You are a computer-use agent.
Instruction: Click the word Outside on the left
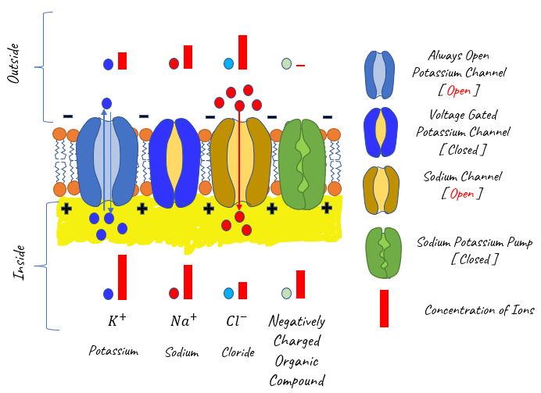14,63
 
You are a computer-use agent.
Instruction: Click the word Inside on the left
20,263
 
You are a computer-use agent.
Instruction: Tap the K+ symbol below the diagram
117,320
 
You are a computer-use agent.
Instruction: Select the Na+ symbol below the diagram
184,320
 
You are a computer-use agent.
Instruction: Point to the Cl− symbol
236,320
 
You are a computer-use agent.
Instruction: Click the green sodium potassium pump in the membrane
303,164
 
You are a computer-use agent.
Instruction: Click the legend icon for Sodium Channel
382,190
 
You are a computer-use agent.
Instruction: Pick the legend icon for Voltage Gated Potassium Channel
381,132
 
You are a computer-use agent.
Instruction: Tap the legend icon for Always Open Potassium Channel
379,75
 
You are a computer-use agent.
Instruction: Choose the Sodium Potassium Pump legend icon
384,252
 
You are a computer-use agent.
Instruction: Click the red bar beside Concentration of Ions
384,308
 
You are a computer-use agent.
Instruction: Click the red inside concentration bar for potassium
122,277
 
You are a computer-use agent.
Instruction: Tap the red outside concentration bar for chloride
242,52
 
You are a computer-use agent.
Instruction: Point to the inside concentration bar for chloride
242,291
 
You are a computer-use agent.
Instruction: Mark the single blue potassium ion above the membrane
106,103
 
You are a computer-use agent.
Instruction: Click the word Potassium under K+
113,351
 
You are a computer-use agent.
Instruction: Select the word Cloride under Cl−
238,352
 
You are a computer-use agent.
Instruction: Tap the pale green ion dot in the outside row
286,64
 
